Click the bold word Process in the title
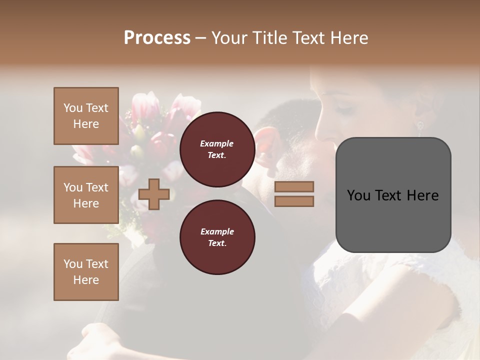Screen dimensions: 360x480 click(x=157, y=38)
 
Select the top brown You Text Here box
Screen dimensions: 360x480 click(x=86, y=116)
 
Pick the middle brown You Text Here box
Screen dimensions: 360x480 click(x=86, y=195)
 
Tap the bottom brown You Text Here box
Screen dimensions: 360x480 click(x=86, y=272)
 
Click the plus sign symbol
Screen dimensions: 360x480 click(x=154, y=194)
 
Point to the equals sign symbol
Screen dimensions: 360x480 click(x=294, y=194)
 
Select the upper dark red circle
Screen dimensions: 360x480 click(x=217, y=149)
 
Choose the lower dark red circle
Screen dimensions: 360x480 click(x=217, y=237)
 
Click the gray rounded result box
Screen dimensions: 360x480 click(x=393, y=194)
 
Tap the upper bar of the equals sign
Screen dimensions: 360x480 click(x=294, y=187)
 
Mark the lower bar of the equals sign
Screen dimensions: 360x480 click(x=294, y=201)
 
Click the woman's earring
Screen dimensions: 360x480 click(x=420, y=125)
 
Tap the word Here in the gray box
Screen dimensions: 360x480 click(x=422, y=195)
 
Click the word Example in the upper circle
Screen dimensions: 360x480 click(x=217, y=143)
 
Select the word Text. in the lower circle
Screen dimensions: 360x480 click(x=217, y=243)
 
